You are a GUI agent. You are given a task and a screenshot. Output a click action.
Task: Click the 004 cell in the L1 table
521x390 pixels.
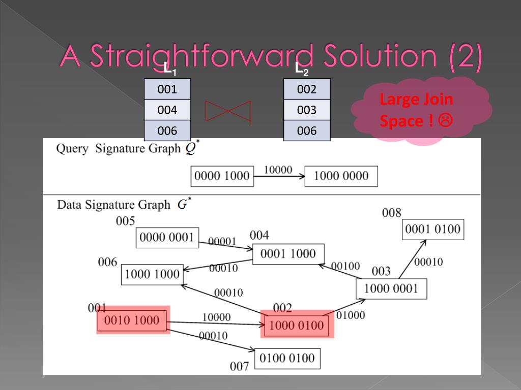pyautogui.click(x=167, y=110)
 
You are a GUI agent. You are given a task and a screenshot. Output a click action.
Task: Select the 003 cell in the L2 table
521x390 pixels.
pyautogui.click(x=307, y=110)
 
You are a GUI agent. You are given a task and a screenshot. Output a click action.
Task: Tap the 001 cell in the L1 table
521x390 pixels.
pyautogui.click(x=167, y=89)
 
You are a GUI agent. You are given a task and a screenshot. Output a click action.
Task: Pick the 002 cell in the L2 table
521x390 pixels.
pyautogui.click(x=307, y=89)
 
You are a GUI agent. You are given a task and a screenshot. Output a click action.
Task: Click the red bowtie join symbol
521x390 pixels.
pyautogui.click(x=228, y=111)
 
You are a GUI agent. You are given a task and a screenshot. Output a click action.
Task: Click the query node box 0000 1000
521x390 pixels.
pyautogui.click(x=222, y=176)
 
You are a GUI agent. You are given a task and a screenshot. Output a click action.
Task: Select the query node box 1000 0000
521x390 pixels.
pyautogui.click(x=341, y=176)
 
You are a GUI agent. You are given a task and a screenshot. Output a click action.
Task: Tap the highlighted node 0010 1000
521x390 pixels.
pyautogui.click(x=132, y=320)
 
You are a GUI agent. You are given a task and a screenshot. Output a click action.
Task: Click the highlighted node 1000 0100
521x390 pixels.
pyautogui.click(x=297, y=325)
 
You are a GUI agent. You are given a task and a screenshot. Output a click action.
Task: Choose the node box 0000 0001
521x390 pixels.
pyautogui.click(x=167, y=237)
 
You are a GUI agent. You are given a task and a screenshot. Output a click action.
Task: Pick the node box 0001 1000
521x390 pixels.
pyautogui.click(x=288, y=254)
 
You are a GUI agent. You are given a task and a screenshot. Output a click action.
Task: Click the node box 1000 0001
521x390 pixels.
pyautogui.click(x=391, y=288)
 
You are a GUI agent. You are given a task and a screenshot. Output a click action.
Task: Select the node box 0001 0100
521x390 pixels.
pyautogui.click(x=432, y=230)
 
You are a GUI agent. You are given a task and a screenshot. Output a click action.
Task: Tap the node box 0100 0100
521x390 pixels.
pyautogui.click(x=287, y=358)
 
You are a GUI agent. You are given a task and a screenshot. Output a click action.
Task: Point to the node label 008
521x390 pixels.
pyautogui.click(x=392, y=213)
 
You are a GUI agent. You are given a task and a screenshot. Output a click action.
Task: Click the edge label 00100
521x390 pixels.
pyautogui.click(x=345, y=266)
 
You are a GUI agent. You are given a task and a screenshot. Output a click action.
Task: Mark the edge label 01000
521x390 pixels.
pyautogui.click(x=351, y=315)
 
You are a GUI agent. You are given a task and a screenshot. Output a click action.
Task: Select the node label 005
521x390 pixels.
pyautogui.click(x=125, y=221)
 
